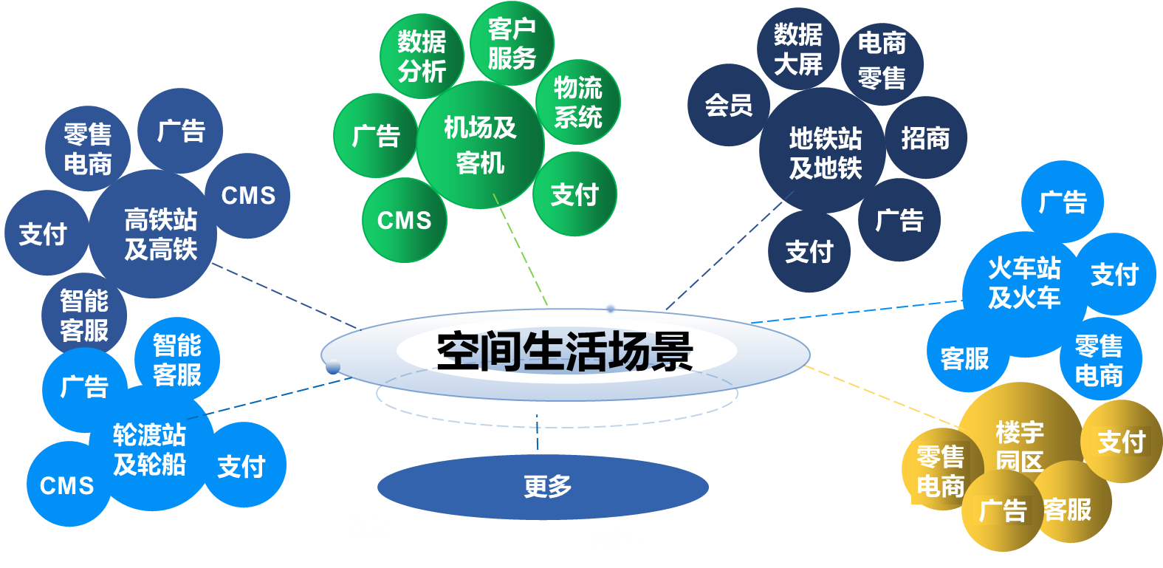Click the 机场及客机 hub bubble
(x=480, y=145)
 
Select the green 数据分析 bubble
(x=422, y=56)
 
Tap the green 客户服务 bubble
(x=512, y=43)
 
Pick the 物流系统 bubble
(x=578, y=102)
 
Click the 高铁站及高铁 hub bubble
(x=160, y=234)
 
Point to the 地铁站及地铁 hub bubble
(x=825, y=153)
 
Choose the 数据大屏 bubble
(x=797, y=49)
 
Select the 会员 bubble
(x=728, y=105)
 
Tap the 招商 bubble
(x=925, y=138)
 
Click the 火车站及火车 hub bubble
(x=1023, y=283)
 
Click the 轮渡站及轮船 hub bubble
(x=149, y=450)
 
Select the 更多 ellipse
(x=543, y=487)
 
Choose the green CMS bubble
(x=404, y=220)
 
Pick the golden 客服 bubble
(x=1068, y=510)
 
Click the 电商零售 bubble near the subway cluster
(x=882, y=61)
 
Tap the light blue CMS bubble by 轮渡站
(x=67, y=485)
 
